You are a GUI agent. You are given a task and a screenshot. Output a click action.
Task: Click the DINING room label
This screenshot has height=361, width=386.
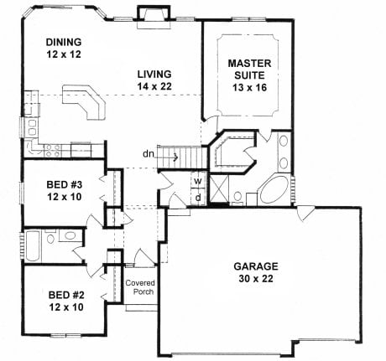65,43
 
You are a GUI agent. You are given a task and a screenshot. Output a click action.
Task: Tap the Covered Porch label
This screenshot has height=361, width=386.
140,289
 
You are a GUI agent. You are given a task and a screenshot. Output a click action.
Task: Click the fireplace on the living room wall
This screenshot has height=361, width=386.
153,14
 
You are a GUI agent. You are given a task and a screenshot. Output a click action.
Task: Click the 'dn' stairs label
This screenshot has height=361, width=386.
148,153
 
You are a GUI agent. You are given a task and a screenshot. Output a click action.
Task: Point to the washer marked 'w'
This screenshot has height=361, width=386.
198,180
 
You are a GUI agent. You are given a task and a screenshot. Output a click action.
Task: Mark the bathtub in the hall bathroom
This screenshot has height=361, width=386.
31,245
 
